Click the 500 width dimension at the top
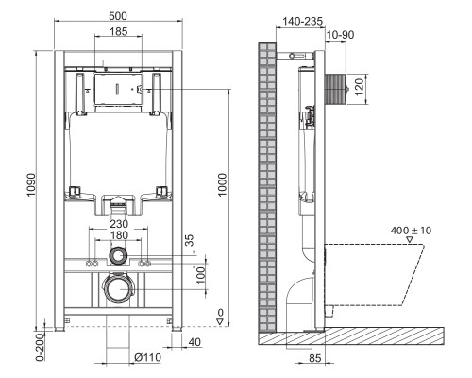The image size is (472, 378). click(119, 17)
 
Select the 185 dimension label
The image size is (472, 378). click(119, 33)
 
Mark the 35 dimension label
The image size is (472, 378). click(188, 241)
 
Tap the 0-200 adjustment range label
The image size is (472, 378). click(39, 346)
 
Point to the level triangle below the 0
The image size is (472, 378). click(218, 322)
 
